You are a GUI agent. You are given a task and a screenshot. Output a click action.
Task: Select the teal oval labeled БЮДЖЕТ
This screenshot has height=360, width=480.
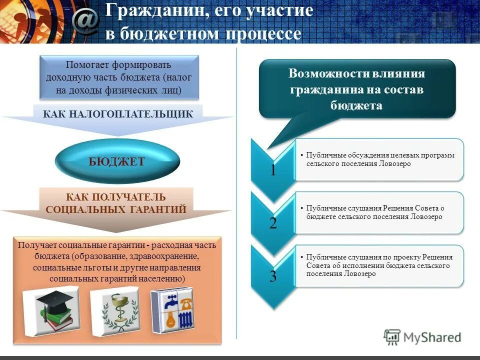(x=116, y=161)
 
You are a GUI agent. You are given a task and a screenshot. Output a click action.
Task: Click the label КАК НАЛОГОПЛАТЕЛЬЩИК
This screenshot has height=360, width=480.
(x=118, y=114)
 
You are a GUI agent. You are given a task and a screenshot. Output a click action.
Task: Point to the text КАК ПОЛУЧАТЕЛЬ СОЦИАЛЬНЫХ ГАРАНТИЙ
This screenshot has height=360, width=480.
(x=116, y=203)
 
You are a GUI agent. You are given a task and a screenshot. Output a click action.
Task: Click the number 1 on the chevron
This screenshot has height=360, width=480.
(x=272, y=170)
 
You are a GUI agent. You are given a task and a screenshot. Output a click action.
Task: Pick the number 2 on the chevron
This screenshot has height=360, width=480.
(x=272, y=223)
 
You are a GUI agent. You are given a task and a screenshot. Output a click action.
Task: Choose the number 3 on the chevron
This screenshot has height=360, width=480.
(x=272, y=276)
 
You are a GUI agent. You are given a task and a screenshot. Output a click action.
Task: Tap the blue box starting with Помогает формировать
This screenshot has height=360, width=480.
(x=119, y=77)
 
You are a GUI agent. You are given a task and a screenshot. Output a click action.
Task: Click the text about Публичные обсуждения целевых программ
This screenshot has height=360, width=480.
(x=380, y=159)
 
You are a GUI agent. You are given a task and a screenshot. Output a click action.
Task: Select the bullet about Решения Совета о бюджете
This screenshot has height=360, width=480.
(x=375, y=212)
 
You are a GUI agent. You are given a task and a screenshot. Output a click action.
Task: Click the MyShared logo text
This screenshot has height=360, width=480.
(x=432, y=337)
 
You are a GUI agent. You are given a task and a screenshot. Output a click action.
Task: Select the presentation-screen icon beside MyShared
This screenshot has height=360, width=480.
(x=392, y=337)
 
